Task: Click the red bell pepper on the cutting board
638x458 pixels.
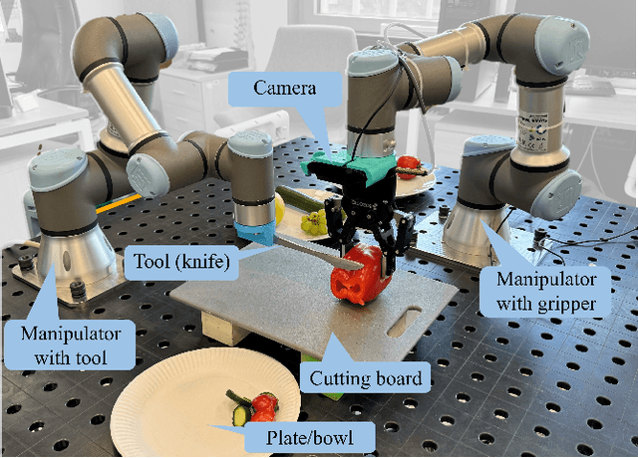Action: click(x=360, y=274)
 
